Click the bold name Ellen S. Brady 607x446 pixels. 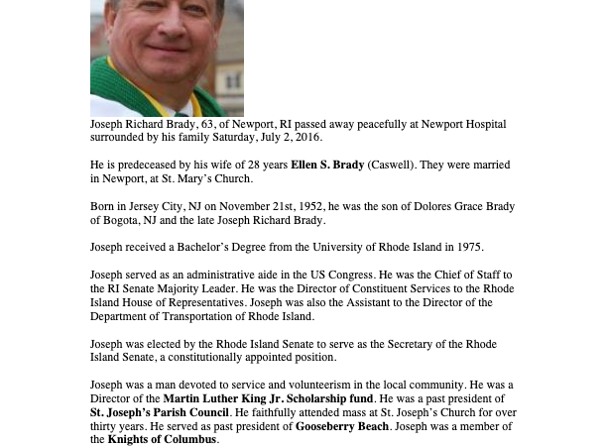(326, 165)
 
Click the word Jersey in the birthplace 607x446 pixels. (140, 206)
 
